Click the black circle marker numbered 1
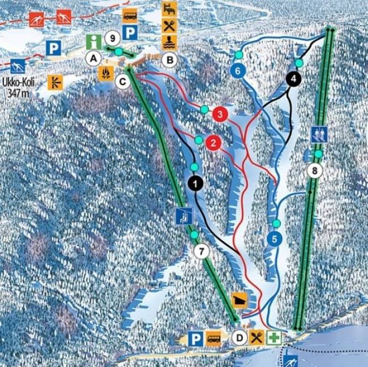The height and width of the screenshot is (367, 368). pos(195,183)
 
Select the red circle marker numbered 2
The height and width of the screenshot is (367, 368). pos(213,143)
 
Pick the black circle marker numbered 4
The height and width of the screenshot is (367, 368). pos(293,79)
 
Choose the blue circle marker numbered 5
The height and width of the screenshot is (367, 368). pos(274,239)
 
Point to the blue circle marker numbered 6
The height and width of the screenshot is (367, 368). pos(238,71)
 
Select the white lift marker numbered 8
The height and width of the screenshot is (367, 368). pos(314,170)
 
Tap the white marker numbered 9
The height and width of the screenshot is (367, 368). pos(112,39)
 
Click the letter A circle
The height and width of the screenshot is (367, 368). pos(93,57)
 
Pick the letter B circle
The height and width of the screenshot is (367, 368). pos(168,58)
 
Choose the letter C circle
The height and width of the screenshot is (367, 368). pos(122,82)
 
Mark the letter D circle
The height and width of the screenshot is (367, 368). pos(239,338)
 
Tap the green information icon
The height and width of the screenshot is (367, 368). pos(93,41)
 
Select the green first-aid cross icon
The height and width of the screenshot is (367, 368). pos(275,338)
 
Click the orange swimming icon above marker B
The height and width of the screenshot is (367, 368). pos(169,41)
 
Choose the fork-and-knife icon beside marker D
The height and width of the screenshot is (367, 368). pos(257,338)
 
